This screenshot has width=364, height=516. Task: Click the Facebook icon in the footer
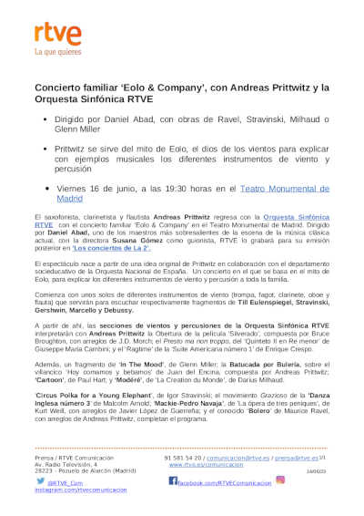(x=172, y=480)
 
